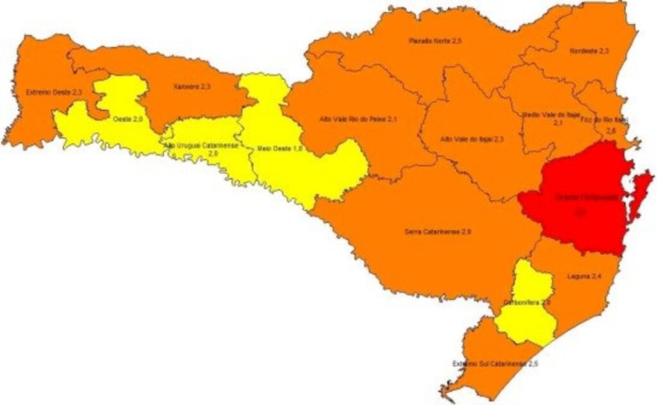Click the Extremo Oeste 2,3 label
click(x=54, y=92)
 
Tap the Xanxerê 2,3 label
click(x=192, y=86)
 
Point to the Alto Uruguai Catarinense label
click(x=201, y=146)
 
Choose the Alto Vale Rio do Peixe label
click(x=354, y=119)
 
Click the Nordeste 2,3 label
click(x=589, y=50)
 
